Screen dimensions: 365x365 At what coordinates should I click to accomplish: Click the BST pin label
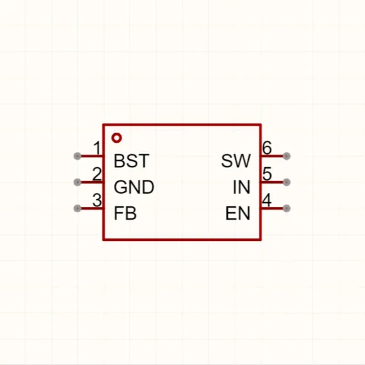point(131,161)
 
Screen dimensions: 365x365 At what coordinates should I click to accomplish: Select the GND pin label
point(134,187)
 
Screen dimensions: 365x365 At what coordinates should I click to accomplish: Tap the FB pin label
point(125,213)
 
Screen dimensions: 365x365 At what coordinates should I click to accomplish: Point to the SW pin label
point(236,161)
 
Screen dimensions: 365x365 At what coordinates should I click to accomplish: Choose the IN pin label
point(242,187)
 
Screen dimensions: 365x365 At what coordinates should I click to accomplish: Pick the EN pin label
point(238,213)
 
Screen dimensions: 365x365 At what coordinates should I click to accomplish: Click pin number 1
point(98,148)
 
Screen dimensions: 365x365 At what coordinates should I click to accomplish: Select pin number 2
point(97,174)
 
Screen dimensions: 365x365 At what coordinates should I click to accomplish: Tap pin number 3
point(97,200)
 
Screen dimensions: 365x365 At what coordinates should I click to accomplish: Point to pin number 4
point(267,200)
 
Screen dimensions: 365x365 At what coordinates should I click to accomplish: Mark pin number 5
point(267,174)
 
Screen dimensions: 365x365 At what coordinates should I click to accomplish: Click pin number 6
point(267,148)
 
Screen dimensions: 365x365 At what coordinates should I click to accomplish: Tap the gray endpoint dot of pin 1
point(77,156)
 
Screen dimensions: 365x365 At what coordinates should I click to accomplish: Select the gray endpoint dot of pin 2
point(77,182)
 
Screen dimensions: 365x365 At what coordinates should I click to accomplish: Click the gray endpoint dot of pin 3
point(77,208)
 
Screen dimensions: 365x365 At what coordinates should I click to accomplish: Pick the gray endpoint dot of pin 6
point(287,156)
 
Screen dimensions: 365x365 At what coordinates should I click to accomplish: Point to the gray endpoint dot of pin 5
point(287,182)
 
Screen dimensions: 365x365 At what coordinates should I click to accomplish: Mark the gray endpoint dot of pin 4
point(287,208)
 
